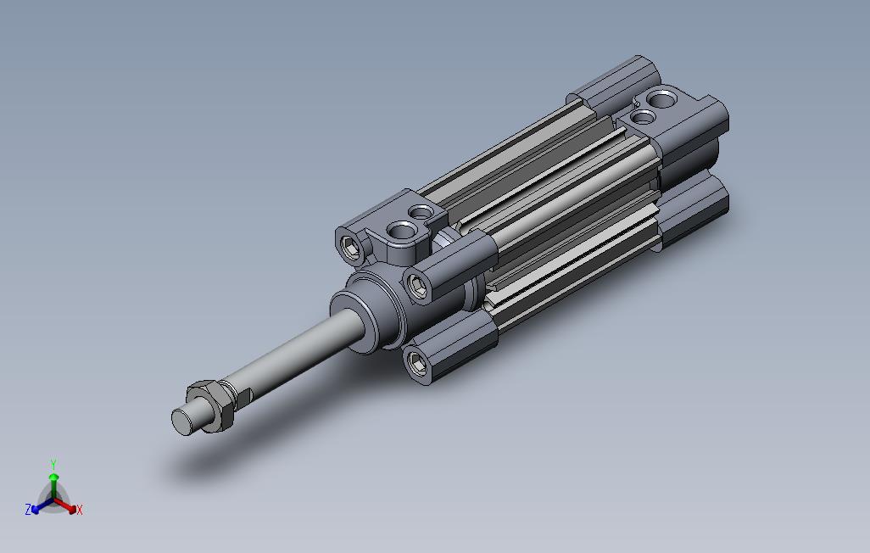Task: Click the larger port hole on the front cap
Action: click(x=402, y=229)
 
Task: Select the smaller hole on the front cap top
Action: click(x=421, y=212)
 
